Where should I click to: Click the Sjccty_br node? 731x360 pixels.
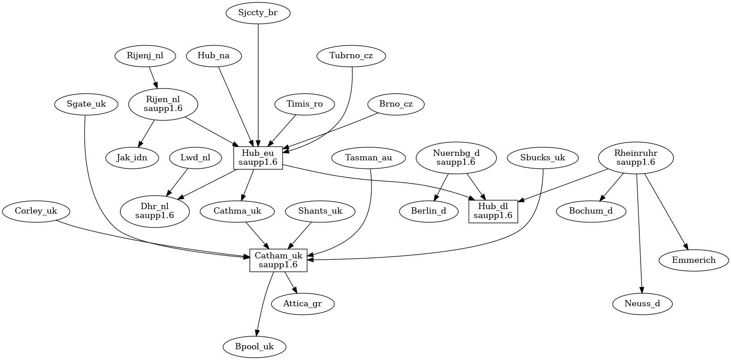[x=258, y=13]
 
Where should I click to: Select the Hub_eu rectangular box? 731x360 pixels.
[x=258, y=158]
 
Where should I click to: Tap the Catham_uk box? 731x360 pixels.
[x=278, y=260]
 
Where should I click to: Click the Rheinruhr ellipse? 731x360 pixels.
[x=636, y=158]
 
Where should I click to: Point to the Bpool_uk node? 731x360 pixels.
[x=254, y=347]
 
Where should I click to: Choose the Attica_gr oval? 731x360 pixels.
[x=303, y=304]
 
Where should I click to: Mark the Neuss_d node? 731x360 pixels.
[x=642, y=304]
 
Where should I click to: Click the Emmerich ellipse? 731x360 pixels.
[x=693, y=260]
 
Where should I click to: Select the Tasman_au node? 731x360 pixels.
[x=368, y=158]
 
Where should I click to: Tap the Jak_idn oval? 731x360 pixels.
[x=132, y=158]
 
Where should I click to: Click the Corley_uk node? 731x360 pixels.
[x=36, y=211]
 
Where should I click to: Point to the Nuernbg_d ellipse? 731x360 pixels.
[x=456, y=158]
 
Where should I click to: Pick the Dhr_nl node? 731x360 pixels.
[x=154, y=211]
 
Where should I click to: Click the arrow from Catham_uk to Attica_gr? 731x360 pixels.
[x=291, y=283]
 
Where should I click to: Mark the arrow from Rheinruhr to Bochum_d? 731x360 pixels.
[x=612, y=187]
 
